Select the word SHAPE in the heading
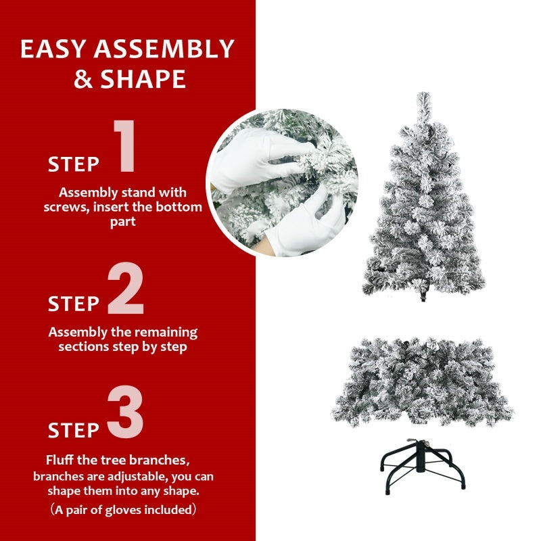coord(143,80)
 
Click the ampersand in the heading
coord(83,80)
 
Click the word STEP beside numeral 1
coord(73,164)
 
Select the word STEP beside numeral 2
coord(73,304)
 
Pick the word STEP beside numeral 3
coord(73,430)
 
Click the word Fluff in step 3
coord(62,461)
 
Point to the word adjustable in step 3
coord(120,476)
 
